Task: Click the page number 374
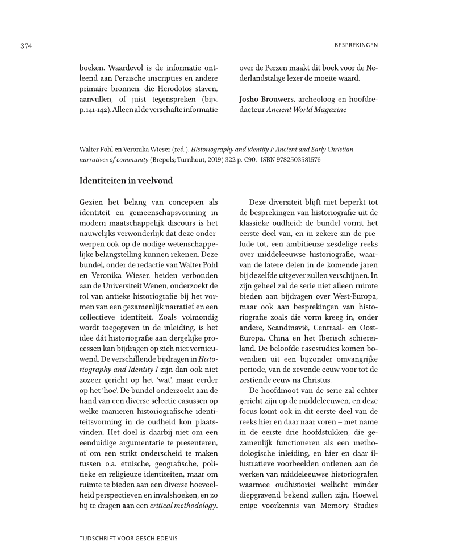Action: [x=26, y=45]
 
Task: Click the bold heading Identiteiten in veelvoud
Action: [x=126, y=181]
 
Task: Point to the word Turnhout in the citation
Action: [x=149, y=160]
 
